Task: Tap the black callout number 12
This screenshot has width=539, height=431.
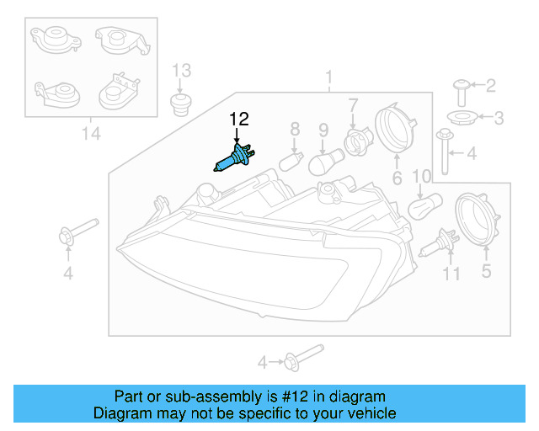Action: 239,121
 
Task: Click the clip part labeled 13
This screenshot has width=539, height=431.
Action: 179,105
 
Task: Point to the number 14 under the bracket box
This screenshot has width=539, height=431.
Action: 90,132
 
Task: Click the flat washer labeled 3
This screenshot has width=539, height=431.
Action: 461,117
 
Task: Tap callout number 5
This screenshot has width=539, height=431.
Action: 485,271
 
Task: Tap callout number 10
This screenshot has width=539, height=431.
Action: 421,175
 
